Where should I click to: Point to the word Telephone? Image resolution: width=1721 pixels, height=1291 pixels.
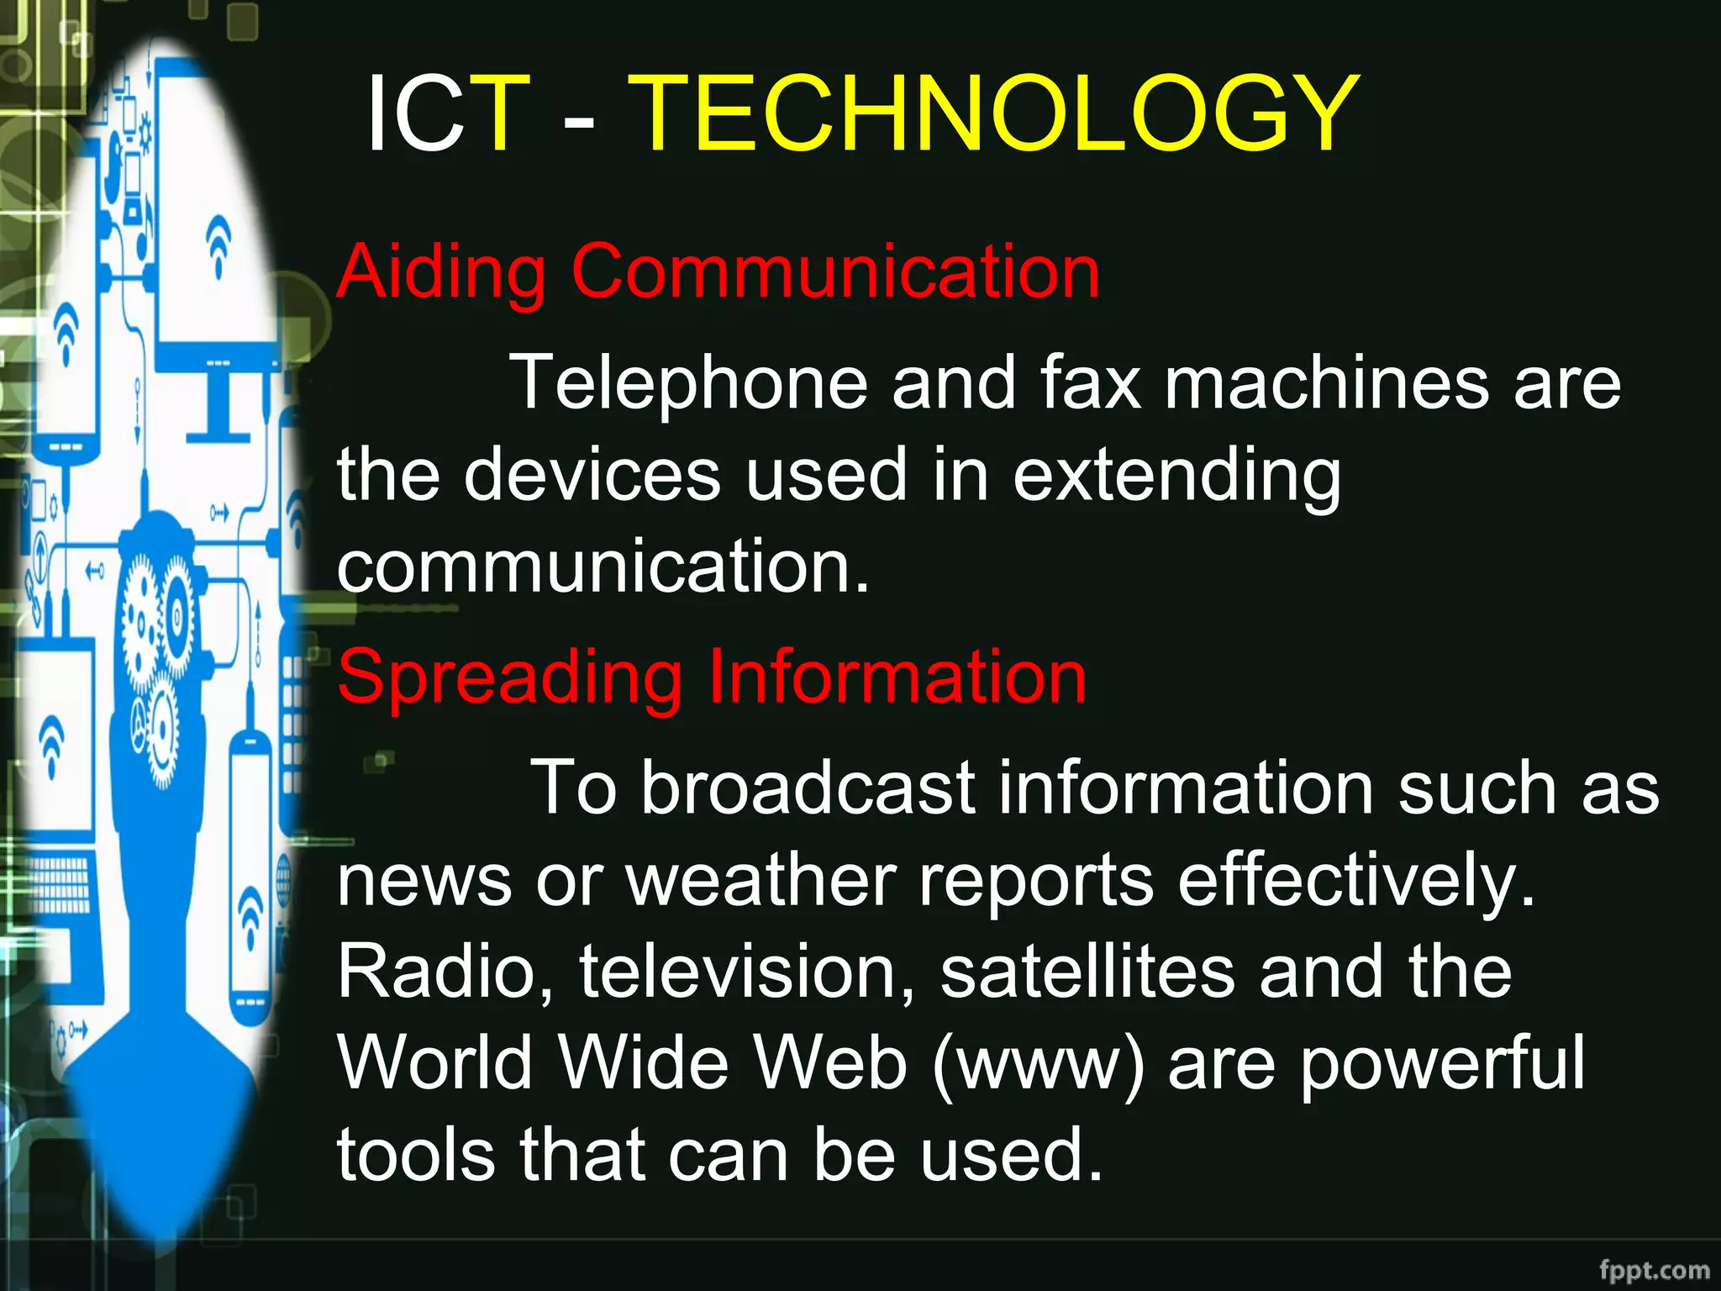[x=689, y=383]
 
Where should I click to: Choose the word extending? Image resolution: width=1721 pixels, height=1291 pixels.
[x=1176, y=476]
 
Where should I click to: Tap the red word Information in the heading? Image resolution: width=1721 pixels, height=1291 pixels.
[x=897, y=677]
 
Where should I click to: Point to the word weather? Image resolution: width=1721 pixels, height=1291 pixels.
[x=761, y=880]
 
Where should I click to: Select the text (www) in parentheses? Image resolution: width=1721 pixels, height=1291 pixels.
[x=1039, y=1063]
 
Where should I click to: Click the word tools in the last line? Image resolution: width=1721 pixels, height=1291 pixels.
[x=416, y=1155]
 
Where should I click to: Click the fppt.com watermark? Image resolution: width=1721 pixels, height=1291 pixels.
[x=1654, y=1270]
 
